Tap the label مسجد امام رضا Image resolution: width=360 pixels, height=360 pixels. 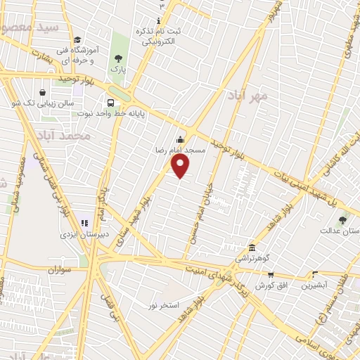[181, 150]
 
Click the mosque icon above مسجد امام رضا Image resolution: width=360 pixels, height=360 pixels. [181, 139]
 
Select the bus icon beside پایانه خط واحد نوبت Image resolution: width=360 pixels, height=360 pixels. [110, 102]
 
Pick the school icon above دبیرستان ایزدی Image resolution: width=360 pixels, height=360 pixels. [86, 223]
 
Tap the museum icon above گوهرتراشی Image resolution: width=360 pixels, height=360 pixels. [252, 247]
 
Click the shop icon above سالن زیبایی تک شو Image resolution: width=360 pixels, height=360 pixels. [44, 92]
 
